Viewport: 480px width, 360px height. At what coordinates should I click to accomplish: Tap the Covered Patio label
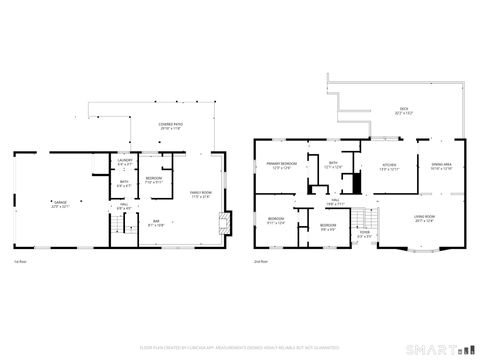coord(169,126)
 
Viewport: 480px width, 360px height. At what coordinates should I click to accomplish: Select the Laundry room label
coord(125,163)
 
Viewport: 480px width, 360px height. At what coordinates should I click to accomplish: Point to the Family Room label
coord(201,194)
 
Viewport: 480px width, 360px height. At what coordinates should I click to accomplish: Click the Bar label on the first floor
coord(156,222)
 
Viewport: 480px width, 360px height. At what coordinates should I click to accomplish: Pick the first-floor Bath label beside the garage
coord(124,184)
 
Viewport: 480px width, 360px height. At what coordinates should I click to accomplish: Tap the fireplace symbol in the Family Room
coord(223,221)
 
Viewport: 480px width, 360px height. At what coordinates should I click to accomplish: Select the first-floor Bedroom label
coord(154,181)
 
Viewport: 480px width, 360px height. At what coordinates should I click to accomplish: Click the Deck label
coord(405,110)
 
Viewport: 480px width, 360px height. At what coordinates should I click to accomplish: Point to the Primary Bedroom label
coord(280,165)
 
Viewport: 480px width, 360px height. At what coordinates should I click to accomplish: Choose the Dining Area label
coord(442,166)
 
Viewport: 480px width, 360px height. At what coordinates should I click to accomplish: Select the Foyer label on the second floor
coord(365,235)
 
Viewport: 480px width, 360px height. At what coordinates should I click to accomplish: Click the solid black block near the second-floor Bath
coord(350,184)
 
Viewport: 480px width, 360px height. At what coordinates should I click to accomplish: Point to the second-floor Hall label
coord(336,202)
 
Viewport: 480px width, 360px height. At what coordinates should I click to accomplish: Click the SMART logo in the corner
coord(429,350)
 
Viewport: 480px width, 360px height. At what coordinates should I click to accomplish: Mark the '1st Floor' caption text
coord(19,262)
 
